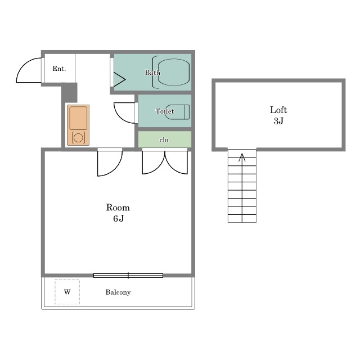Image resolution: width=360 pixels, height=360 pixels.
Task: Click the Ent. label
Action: pyautogui.click(x=59, y=69)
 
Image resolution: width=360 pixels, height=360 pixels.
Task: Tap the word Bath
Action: pyautogui.click(x=152, y=73)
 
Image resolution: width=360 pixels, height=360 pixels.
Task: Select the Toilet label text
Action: pyautogui.click(x=165, y=111)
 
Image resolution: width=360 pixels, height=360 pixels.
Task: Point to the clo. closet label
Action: pyautogui.click(x=164, y=140)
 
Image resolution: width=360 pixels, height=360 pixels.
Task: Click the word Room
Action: pyautogui.click(x=118, y=208)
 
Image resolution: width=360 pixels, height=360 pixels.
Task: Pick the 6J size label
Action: pyautogui.click(x=119, y=218)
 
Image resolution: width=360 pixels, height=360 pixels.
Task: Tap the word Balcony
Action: pyautogui.click(x=118, y=292)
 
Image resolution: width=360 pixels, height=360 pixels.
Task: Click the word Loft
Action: pyautogui.click(x=278, y=110)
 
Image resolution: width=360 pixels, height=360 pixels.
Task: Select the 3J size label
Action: pyautogui.click(x=278, y=121)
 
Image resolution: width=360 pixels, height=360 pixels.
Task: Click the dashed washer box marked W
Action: pyautogui.click(x=67, y=292)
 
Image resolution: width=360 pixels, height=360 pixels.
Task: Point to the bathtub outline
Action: pyautogui.click(x=174, y=72)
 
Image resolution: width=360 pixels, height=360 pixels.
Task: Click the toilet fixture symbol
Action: pyautogui.click(x=177, y=112)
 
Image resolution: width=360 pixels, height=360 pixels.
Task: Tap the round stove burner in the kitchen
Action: pyautogui.click(x=78, y=138)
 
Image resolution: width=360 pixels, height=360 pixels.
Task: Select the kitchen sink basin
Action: pyautogui.click(x=78, y=118)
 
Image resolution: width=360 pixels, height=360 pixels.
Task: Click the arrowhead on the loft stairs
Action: pyautogui.click(x=242, y=157)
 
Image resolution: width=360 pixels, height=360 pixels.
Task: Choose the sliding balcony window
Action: pyautogui.click(x=128, y=276)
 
